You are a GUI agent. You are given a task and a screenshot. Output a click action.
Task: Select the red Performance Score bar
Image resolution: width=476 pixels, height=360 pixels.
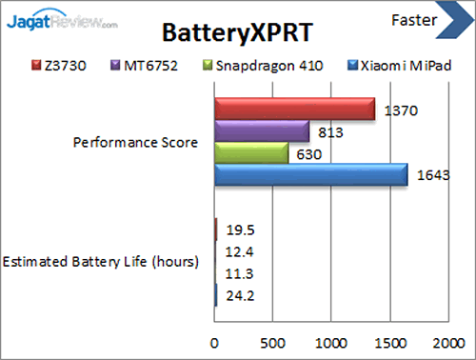tap(293, 110)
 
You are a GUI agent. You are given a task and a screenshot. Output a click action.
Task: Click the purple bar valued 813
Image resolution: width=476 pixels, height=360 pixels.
tap(262, 131)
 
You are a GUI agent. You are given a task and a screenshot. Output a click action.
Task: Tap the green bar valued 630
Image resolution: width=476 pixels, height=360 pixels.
tap(251, 153)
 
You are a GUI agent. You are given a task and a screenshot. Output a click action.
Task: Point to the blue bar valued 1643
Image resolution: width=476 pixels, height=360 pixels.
tap(310, 175)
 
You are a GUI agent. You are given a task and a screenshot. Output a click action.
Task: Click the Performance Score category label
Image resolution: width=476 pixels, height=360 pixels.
tap(135, 143)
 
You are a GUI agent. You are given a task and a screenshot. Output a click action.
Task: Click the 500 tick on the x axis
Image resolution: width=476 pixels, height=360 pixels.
tap(273, 342)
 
